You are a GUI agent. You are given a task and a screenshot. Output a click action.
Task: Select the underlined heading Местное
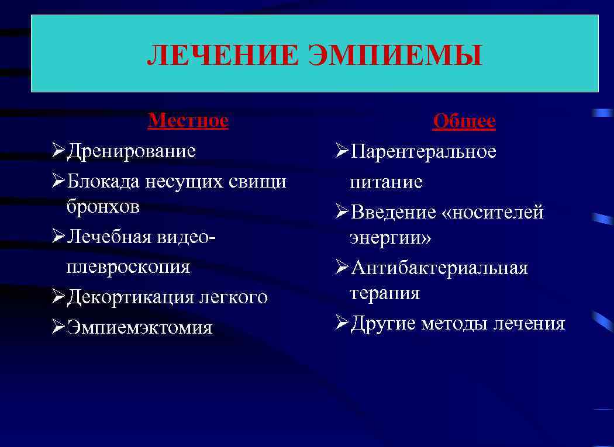[x=188, y=120]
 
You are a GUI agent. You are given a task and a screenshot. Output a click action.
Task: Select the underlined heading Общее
[x=464, y=122]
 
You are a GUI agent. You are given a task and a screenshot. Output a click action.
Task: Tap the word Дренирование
[x=131, y=151]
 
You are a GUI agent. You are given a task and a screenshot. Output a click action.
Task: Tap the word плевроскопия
[x=128, y=266]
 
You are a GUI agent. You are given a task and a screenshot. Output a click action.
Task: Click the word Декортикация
[x=131, y=297]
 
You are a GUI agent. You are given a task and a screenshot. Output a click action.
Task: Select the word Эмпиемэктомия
[x=139, y=327]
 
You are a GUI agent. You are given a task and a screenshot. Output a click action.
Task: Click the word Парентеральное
[x=423, y=152]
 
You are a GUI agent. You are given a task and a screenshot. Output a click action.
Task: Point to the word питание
[x=386, y=182]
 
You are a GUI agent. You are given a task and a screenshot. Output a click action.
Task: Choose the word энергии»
[x=390, y=238]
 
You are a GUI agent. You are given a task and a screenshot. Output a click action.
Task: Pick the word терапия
[x=385, y=293]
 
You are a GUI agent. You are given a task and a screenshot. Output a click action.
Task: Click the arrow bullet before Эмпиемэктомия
[x=58, y=327]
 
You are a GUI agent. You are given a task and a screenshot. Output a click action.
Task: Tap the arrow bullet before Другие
[x=342, y=323]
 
